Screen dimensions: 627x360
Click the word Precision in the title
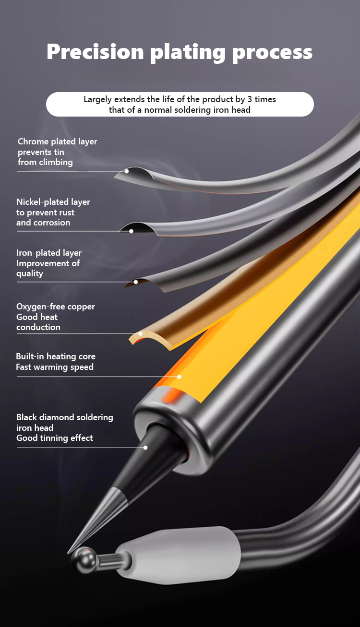pyautogui.click(x=95, y=52)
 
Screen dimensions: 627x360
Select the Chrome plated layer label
pyautogui.click(x=57, y=142)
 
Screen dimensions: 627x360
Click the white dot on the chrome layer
pyautogui.click(x=127, y=171)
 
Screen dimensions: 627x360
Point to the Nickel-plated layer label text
pyautogui.click(x=53, y=202)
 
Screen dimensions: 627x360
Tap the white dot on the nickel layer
pyautogui.click(x=131, y=231)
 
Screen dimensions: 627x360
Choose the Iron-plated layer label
pyautogui.click(x=49, y=253)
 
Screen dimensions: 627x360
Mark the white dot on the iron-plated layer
pyautogui.click(x=136, y=282)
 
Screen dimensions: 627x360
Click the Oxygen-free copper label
pyautogui.click(x=56, y=307)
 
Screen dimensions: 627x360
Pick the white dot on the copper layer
pyautogui.click(x=141, y=333)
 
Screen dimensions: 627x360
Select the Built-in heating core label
pyautogui.click(x=56, y=356)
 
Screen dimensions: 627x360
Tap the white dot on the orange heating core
pyautogui.click(x=179, y=377)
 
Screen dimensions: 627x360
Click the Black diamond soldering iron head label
pyautogui.click(x=65, y=417)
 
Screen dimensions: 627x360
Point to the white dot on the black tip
pyautogui.click(x=145, y=448)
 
